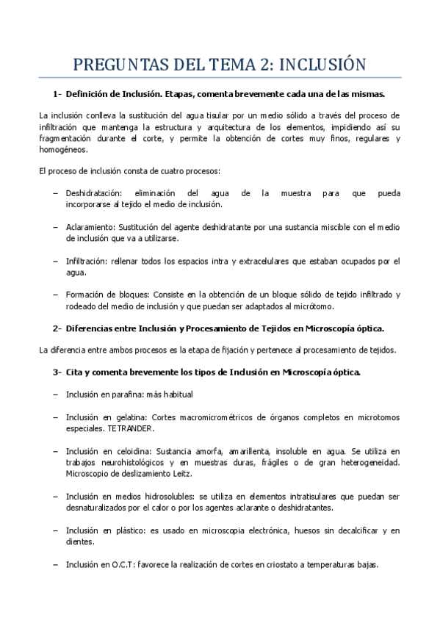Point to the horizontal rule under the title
tap(220, 77)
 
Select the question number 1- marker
tap(57, 94)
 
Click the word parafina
tap(128, 395)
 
